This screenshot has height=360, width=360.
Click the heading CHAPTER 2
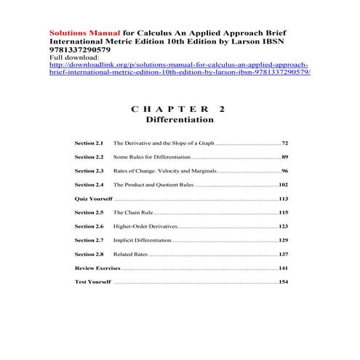(x=179, y=108)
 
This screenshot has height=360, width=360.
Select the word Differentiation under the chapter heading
(x=180, y=119)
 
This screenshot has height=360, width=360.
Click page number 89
(x=285, y=157)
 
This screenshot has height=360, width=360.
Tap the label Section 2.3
(x=89, y=171)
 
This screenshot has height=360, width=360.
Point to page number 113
(x=284, y=199)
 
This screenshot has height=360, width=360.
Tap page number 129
(x=284, y=240)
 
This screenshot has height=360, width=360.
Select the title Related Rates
(x=131, y=254)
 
